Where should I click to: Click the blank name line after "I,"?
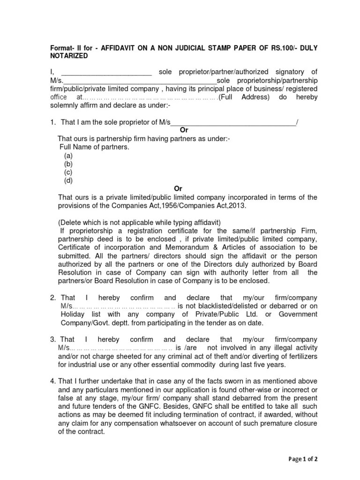(x=106, y=72)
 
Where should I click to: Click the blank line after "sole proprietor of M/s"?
(x=233, y=123)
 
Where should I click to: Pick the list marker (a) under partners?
(x=68, y=155)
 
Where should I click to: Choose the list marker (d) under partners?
(x=68, y=180)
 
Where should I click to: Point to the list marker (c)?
(x=68, y=172)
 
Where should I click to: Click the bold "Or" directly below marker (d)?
(x=178, y=188)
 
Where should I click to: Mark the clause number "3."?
(x=53, y=339)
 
